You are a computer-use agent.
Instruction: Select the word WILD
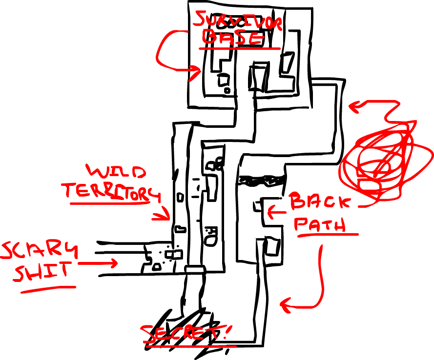click(116, 172)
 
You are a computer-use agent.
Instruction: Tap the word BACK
click(320, 201)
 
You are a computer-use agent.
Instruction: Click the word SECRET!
click(187, 333)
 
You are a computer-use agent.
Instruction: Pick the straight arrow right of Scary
click(98, 263)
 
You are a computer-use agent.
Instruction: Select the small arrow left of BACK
click(276, 212)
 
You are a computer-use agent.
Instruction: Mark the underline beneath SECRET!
click(190, 346)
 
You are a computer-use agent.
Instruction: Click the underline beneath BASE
click(240, 49)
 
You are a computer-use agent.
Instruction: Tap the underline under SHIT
click(48, 289)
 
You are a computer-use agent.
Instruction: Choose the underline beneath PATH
click(327, 235)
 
